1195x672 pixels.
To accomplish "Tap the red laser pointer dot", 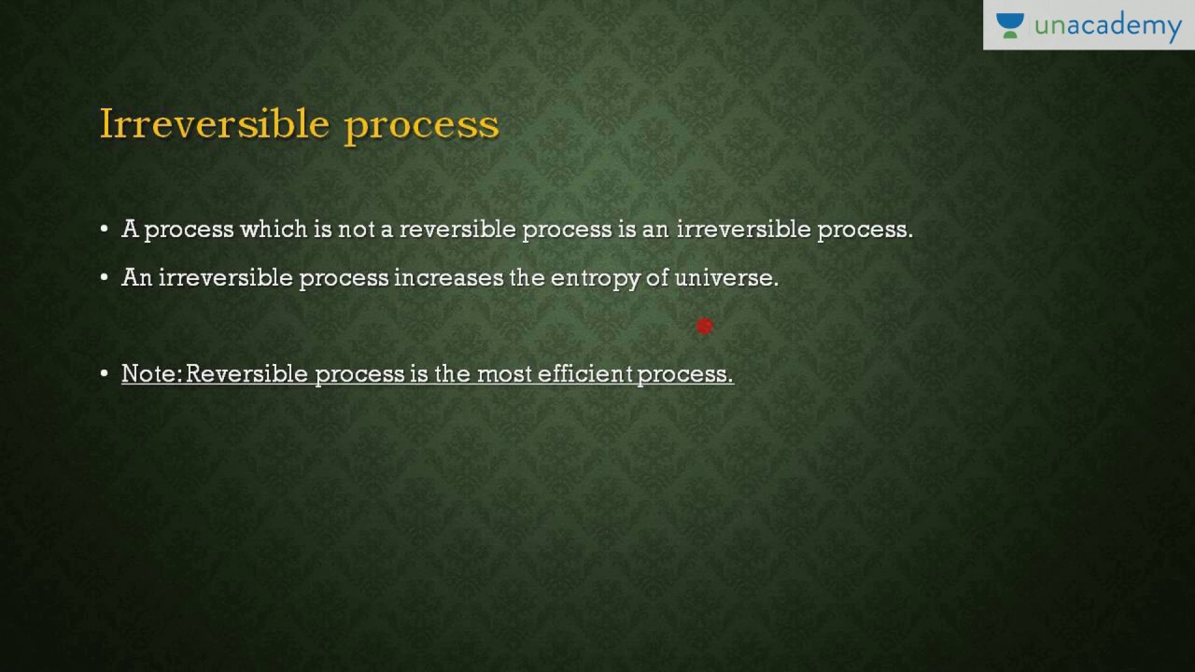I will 705,326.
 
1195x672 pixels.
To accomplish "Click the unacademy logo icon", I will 1009,25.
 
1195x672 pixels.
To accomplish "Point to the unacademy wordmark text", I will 1108,27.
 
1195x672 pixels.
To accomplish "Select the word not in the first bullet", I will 356,230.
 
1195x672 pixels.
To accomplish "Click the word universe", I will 725,278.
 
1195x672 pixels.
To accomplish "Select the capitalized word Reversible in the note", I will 247,374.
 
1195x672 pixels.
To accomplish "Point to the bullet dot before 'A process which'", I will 105,230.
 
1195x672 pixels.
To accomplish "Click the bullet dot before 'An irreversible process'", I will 105,278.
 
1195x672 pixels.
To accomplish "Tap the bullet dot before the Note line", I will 105,374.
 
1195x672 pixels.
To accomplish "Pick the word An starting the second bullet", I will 136,278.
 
